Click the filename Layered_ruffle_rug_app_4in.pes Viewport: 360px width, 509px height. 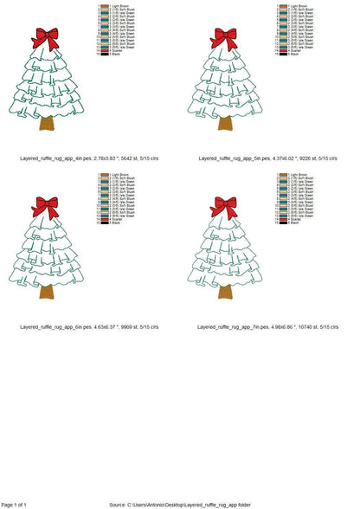point(61,158)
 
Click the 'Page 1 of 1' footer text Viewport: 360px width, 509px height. point(15,504)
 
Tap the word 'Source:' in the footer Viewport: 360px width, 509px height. point(119,504)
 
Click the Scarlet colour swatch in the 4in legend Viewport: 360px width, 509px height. point(103,51)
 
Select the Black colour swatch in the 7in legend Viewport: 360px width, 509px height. point(283,224)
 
